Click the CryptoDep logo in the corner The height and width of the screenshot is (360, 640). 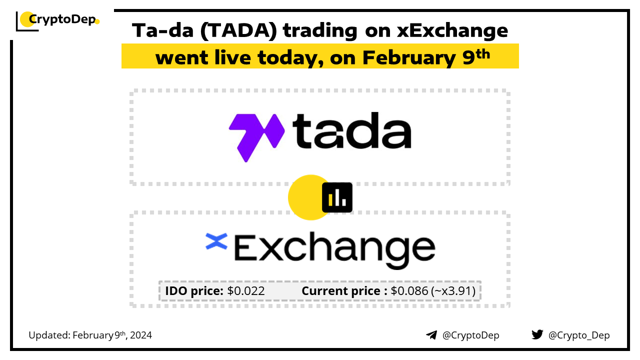pyautogui.click(x=57, y=21)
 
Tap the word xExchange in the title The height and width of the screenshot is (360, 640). pyautogui.click(x=452, y=30)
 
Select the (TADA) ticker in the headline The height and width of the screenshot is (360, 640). pyautogui.click(x=238, y=30)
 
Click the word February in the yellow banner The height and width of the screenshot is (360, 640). pyautogui.click(x=409, y=58)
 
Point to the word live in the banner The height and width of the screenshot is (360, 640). pyautogui.click(x=232, y=57)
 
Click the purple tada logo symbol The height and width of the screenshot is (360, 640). pyautogui.click(x=256, y=137)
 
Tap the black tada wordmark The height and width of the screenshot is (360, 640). pyautogui.click(x=352, y=130)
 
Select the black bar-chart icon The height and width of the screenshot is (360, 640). pyautogui.click(x=337, y=197)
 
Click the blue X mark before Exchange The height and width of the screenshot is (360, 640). pyautogui.click(x=216, y=241)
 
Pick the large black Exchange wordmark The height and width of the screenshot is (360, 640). pyautogui.click(x=334, y=250)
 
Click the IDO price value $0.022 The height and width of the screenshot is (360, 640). pyautogui.click(x=246, y=291)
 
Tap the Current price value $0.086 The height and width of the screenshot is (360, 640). pyautogui.click(x=409, y=291)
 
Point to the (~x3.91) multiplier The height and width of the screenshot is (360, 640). pyautogui.click(x=453, y=291)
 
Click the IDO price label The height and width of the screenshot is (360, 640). pyautogui.click(x=194, y=291)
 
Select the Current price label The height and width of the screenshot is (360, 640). pyautogui.click(x=344, y=291)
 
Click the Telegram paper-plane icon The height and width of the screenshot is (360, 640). pyautogui.click(x=431, y=335)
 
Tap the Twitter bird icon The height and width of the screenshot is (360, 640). pyautogui.click(x=537, y=334)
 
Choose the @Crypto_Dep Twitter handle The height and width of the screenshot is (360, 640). pyautogui.click(x=579, y=335)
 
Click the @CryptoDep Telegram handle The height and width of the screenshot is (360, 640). pyautogui.click(x=470, y=335)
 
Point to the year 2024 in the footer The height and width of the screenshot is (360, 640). pyautogui.click(x=141, y=335)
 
